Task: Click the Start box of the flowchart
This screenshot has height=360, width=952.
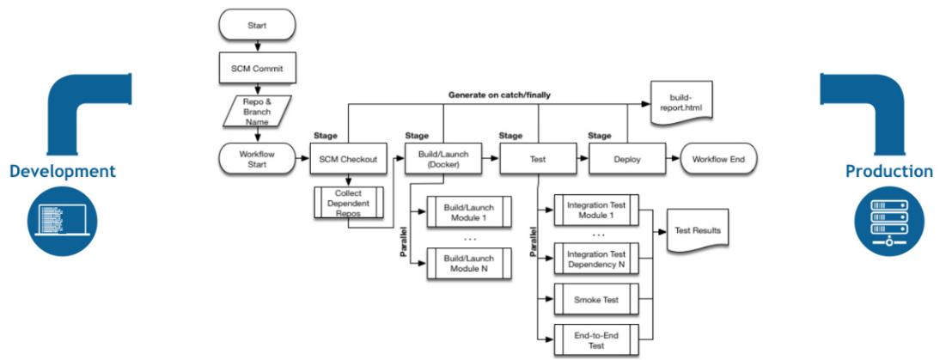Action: coord(257,25)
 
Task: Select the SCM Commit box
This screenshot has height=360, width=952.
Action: coord(257,68)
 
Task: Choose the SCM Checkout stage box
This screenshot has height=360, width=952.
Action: coord(348,159)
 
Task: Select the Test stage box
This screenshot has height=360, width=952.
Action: coord(534,159)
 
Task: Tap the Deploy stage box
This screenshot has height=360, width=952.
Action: coord(626,159)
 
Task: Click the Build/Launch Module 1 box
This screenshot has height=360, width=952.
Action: coord(468,212)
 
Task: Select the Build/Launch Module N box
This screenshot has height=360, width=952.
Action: coord(468,264)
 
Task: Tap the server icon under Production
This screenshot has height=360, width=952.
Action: coord(888,221)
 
